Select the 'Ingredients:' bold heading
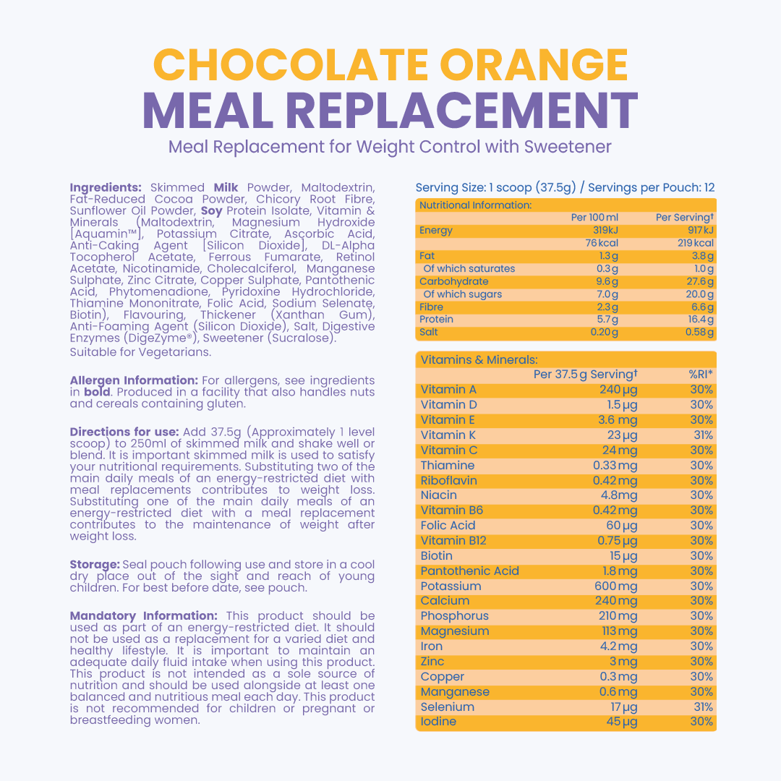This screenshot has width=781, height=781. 106,187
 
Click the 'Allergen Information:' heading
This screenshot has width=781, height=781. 134,380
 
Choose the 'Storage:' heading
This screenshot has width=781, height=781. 95,564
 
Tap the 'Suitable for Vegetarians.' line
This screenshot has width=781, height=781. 140,352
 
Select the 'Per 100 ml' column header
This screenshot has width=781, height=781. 594,218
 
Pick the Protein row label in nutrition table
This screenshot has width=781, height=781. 436,319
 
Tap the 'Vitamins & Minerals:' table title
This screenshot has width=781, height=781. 469,359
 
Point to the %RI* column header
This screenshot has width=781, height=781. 701,375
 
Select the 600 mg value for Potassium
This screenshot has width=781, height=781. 615,586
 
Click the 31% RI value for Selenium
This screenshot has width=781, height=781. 701,707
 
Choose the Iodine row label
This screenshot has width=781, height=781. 438,722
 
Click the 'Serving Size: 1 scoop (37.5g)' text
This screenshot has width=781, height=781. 495,188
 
